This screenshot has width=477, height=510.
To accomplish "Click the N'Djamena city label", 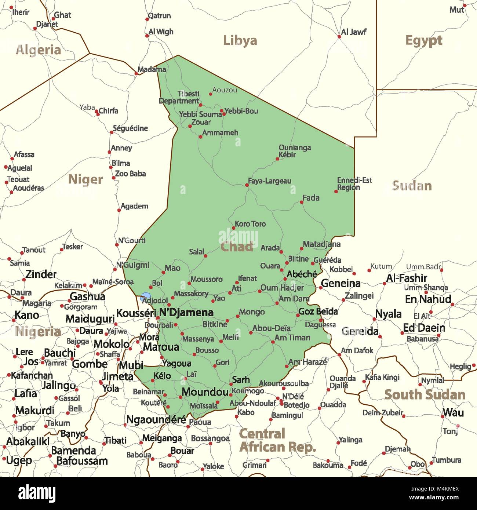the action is [x=186, y=313].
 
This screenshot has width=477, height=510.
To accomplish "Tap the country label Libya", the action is [x=240, y=40].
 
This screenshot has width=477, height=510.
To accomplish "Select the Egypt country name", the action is [x=424, y=40].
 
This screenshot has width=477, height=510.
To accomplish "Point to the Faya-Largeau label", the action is [x=270, y=181].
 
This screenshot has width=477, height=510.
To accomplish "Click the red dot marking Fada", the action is [x=301, y=202].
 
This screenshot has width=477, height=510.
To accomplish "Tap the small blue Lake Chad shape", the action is [x=145, y=295].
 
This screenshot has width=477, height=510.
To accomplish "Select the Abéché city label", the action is [x=302, y=274].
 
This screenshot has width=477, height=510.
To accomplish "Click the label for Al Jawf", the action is [x=353, y=32].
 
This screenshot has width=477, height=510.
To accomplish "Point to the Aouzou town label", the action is [x=225, y=90].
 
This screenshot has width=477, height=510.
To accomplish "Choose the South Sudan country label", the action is [x=425, y=395].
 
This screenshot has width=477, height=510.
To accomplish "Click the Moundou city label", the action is [x=205, y=392].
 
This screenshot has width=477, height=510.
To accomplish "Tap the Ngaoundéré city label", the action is [x=156, y=419].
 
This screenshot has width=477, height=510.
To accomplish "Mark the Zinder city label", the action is [x=41, y=274].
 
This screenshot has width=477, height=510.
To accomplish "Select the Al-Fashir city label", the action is [x=406, y=278].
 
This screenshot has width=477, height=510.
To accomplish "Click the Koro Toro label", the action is [x=250, y=224].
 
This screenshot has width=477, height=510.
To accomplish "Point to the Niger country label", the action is [x=85, y=179].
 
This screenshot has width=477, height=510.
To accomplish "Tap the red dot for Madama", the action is [x=136, y=74].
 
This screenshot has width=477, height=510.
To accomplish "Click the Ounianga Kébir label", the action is [x=295, y=151].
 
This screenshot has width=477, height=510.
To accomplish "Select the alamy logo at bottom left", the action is [x=37, y=493].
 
